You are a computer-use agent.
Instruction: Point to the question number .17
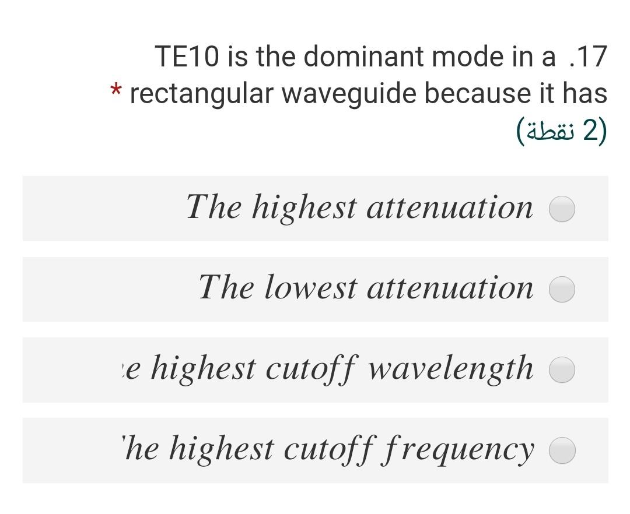pos(586,57)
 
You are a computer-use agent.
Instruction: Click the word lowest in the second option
pos(310,288)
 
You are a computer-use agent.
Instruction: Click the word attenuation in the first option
pos(449,207)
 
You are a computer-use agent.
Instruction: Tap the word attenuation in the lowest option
pos(449,288)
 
